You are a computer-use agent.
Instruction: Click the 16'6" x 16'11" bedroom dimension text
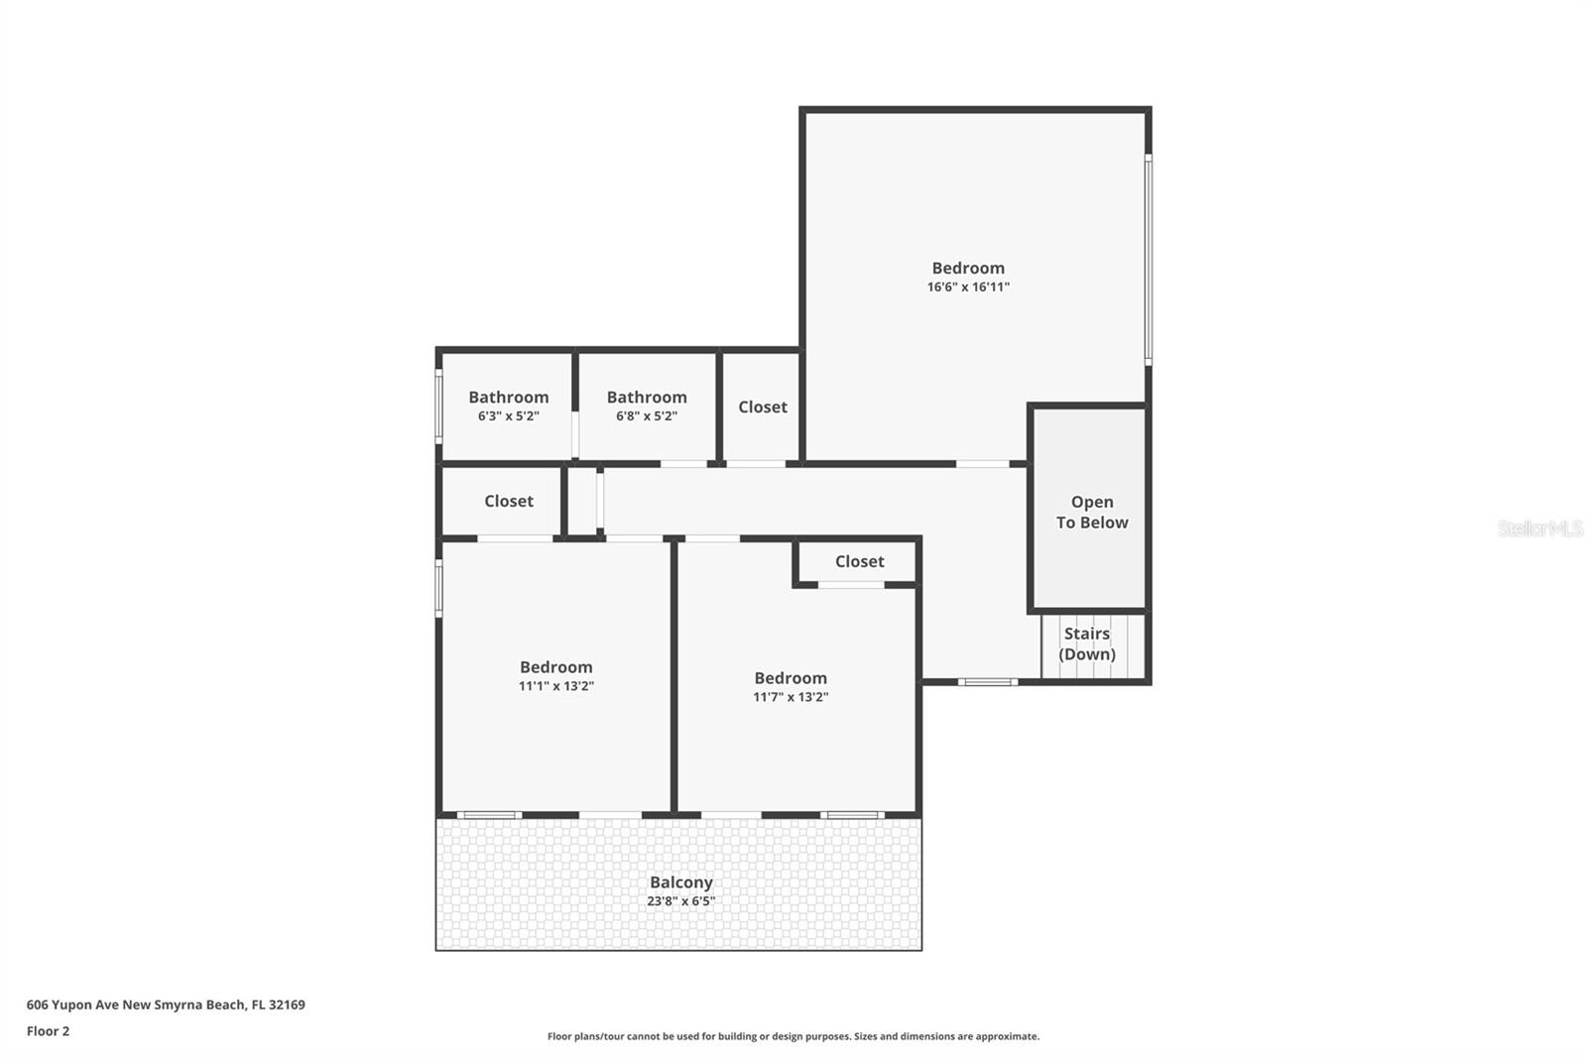tap(968, 288)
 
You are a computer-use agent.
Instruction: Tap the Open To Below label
tap(1091, 513)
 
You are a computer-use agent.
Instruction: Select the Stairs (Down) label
tap(1087, 644)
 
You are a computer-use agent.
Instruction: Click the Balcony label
tap(680, 882)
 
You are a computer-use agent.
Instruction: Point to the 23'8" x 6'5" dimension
tap(680, 901)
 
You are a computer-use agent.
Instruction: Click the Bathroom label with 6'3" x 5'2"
tap(508, 398)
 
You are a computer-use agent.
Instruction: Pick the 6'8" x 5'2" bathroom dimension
tap(646, 416)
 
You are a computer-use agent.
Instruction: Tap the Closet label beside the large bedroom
tap(762, 408)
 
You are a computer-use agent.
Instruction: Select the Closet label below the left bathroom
tap(508, 502)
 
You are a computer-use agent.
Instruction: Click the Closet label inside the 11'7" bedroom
tap(859, 562)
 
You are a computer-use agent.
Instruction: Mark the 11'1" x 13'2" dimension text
tap(555, 686)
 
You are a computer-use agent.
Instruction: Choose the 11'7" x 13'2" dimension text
tap(790, 697)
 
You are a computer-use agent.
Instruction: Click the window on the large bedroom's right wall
tap(1149, 258)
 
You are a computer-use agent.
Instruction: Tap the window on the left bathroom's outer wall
tap(438, 407)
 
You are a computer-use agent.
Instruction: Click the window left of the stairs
tap(987, 682)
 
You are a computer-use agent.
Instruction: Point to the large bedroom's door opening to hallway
tap(982, 463)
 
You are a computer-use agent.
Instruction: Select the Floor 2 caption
tap(48, 1031)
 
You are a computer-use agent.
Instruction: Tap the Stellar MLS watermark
tap(1539, 528)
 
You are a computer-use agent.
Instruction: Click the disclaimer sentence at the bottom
tap(793, 1036)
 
